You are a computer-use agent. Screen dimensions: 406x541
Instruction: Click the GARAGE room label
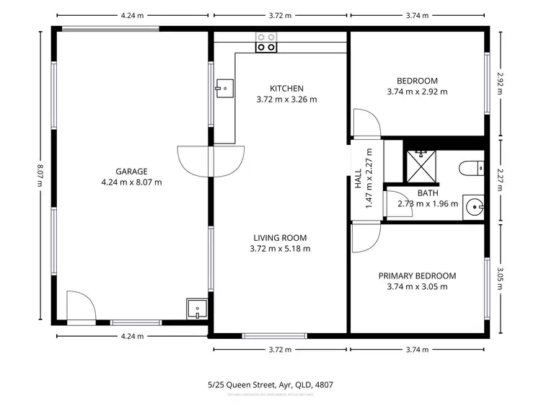click(131, 171)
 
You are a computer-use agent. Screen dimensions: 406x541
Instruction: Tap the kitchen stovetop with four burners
click(265, 43)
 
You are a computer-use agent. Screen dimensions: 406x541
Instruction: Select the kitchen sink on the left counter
click(223, 88)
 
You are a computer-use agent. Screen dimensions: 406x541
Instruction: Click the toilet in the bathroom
click(471, 168)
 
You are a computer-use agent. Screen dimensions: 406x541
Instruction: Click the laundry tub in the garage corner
click(196, 309)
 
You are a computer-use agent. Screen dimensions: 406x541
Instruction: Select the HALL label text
click(358, 180)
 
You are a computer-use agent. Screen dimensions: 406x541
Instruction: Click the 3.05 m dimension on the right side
click(498, 276)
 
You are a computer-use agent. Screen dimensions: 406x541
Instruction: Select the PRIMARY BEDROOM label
click(417, 275)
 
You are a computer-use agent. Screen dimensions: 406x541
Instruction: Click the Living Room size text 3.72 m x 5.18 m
click(280, 249)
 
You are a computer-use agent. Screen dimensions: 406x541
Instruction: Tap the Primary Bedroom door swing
click(365, 237)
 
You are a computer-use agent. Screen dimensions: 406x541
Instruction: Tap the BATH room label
click(428, 193)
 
